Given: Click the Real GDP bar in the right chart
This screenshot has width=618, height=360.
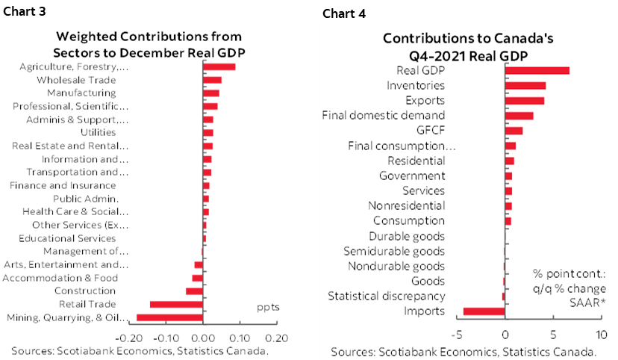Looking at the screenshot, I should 537,71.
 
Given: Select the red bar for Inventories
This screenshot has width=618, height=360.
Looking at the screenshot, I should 525,86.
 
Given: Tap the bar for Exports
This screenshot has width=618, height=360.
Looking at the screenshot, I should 525,101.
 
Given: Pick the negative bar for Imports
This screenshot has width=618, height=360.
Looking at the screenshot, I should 484,311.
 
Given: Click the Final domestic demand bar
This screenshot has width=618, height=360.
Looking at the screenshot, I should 519,116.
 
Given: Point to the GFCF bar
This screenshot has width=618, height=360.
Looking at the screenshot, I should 514,131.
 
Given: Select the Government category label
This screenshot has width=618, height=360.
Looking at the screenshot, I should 412,176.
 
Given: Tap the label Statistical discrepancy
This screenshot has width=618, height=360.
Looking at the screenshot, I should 387,297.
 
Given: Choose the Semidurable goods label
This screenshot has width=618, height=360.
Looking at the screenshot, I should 394,251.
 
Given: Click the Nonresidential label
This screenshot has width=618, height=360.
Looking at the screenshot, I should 407,205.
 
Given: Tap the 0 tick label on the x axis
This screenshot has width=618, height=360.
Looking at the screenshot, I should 505,333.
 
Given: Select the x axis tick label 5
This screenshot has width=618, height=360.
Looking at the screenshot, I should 553,333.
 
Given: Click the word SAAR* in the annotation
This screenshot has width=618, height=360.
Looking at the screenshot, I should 588,302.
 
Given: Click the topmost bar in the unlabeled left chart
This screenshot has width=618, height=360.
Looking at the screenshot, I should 219,66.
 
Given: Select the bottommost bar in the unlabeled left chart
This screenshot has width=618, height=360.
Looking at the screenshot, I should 169,317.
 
